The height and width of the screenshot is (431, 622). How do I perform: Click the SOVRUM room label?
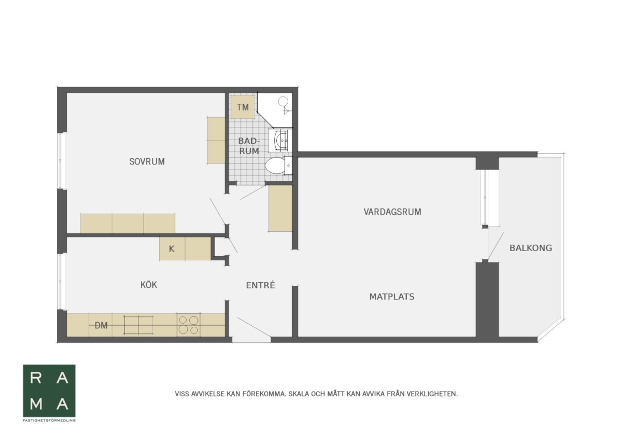[x=147, y=161]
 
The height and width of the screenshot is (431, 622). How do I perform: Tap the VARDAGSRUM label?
[x=392, y=212]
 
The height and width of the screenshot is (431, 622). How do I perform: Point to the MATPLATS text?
[x=392, y=297]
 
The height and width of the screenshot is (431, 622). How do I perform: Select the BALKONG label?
[x=531, y=248]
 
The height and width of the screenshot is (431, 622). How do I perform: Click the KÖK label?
[x=149, y=285]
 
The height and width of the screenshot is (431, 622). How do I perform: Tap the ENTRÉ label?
[x=260, y=285]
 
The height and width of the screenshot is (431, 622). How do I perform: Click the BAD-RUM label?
[x=249, y=146]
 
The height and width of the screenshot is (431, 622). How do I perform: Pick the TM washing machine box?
[x=243, y=107]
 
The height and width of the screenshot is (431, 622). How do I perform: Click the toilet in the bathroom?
[x=275, y=165]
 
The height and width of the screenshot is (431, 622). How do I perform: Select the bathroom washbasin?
[x=281, y=141]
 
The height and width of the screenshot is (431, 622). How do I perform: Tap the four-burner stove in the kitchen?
[x=189, y=325]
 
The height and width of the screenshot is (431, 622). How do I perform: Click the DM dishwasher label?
[x=101, y=325]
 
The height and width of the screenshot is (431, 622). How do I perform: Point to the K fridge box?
[x=172, y=248]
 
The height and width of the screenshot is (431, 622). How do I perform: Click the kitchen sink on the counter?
[x=138, y=325]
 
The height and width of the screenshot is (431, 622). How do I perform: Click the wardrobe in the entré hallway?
[x=280, y=208]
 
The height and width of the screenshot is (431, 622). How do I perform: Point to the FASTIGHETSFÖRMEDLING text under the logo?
[x=49, y=421]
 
